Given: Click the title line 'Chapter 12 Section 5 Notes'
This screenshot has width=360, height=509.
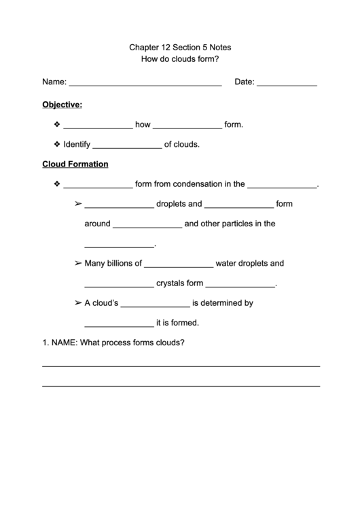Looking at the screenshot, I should coord(179,48).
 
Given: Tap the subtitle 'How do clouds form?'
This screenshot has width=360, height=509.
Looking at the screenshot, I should coord(179,59).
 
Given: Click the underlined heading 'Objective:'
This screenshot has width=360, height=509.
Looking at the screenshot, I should coord(62,105).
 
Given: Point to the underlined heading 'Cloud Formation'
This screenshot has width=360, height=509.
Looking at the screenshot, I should coord(75,164).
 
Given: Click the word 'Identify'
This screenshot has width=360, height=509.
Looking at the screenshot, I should coord(76,144).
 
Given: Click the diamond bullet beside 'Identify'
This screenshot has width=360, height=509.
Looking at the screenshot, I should coord(56,144).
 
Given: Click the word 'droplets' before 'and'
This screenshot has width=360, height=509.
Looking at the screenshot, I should coord(171,203).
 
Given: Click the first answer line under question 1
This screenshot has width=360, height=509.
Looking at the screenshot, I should coord(181,366).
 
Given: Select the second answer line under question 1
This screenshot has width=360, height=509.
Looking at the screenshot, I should coord(181,385).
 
